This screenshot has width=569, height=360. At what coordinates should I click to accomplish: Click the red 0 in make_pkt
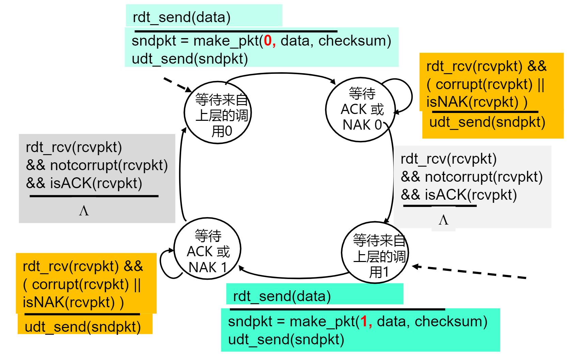click(x=268, y=41)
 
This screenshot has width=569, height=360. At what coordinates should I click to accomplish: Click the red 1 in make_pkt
click(x=364, y=322)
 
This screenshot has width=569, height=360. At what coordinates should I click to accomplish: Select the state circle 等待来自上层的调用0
click(x=218, y=113)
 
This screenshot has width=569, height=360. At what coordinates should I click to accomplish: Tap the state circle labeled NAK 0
click(x=360, y=110)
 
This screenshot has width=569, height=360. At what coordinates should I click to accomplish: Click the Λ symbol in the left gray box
click(x=84, y=211)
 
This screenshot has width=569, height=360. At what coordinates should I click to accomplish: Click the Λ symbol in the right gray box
click(x=443, y=220)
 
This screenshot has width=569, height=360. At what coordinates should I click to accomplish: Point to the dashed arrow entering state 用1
click(x=470, y=272)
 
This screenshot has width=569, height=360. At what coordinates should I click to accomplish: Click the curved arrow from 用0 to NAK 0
click(x=281, y=73)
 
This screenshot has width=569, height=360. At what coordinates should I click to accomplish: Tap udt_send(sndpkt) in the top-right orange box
click(x=487, y=122)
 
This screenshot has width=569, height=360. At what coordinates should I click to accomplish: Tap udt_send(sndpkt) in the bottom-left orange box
click(x=83, y=327)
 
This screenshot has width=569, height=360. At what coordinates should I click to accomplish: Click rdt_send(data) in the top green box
click(x=181, y=17)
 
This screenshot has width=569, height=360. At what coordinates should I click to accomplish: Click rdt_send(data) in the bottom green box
click(x=282, y=296)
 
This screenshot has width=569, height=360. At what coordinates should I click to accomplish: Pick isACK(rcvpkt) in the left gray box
click(x=96, y=183)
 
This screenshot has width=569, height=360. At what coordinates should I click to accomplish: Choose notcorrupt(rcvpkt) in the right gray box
click(x=484, y=177)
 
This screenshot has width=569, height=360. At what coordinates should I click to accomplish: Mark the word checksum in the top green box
click(x=354, y=41)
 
